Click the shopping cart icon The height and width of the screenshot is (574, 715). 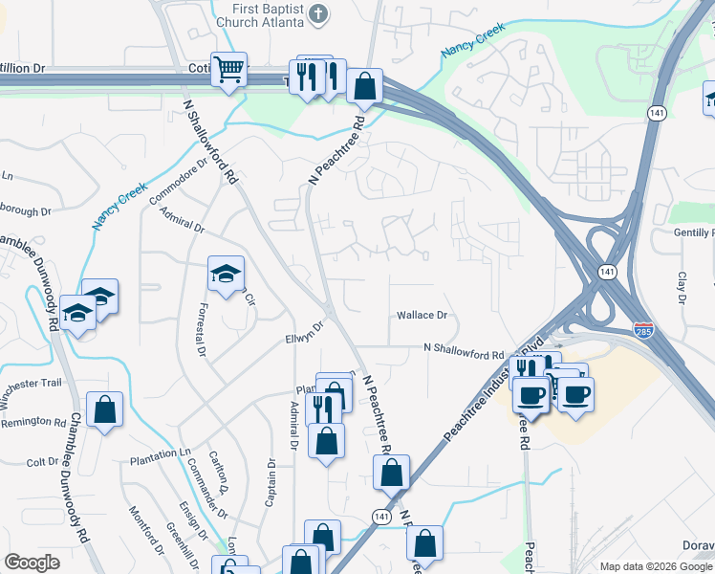click(228, 69)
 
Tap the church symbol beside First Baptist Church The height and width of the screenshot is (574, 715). click(320, 14)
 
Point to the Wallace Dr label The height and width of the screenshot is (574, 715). click(422, 315)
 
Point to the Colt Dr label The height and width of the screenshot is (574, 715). click(43, 462)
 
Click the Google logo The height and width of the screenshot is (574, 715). click(32, 563)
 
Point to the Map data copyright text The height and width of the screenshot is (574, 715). click(655, 566)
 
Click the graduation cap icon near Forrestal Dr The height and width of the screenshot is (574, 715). click(227, 275)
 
